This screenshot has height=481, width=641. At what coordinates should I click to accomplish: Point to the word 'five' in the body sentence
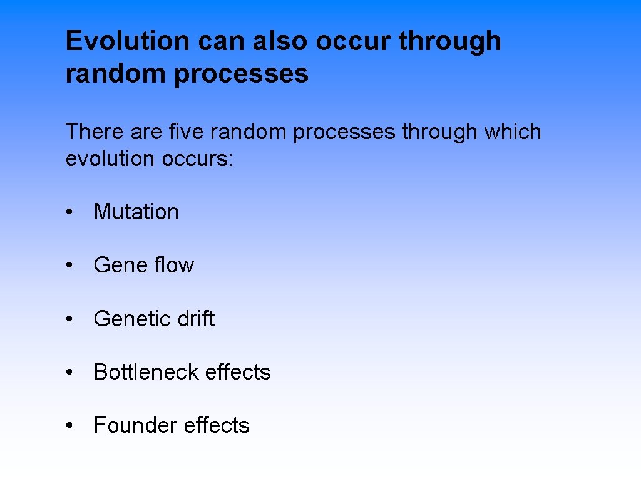[187, 132]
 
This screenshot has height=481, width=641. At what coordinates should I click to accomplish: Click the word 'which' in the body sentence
[512, 132]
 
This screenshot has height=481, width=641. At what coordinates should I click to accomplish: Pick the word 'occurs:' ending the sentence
[197, 159]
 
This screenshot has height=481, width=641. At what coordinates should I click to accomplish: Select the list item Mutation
[136, 212]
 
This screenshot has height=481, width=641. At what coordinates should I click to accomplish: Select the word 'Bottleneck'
[146, 372]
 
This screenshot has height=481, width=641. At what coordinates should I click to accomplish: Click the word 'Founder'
[127, 426]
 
